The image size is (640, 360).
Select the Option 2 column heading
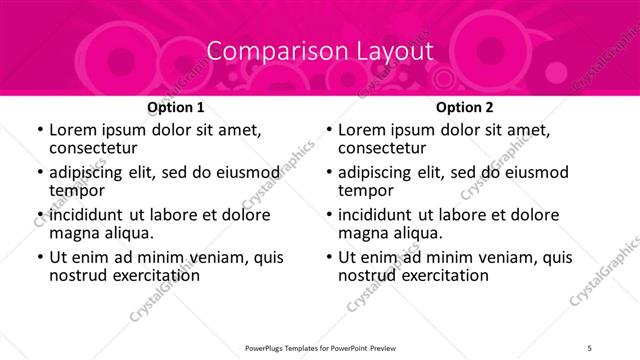pyautogui.click(x=464, y=107)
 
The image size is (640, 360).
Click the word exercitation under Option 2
pyautogui.click(x=441, y=275)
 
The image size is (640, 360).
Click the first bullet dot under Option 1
pyautogui.click(x=39, y=131)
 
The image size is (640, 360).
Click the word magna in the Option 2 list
pyautogui.click(x=366, y=233)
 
